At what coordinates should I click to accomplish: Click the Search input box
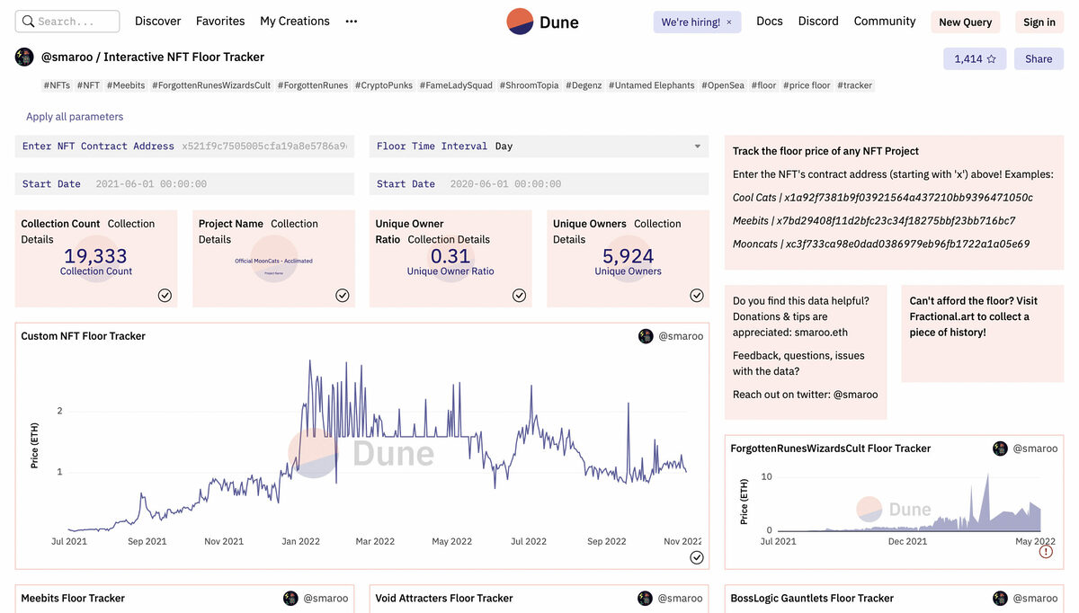coord(68,22)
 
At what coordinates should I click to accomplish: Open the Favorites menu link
coord(220,22)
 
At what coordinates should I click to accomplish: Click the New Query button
coord(965,22)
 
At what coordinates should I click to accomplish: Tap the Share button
coord(1039,59)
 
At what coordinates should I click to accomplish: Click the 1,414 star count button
coord(975,59)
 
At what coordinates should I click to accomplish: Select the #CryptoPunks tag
coord(384,85)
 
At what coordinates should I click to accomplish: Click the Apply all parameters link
coord(75,117)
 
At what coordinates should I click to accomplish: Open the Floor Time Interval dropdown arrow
coord(697,147)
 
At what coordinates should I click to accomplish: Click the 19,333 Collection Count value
coord(95,256)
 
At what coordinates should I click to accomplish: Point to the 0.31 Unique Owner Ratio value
coord(450,256)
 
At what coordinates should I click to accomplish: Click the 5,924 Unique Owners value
coord(628,256)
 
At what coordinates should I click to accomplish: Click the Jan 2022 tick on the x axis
coord(301,542)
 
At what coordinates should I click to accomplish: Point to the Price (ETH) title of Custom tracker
coord(35,445)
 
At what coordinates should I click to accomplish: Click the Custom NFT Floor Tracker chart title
coord(84,336)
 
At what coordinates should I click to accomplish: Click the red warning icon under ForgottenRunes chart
coord(1046,552)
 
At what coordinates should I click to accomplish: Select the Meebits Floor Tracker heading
coord(73,599)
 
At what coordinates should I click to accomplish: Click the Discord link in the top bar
coord(818,22)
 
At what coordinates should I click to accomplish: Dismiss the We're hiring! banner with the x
coord(729,22)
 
